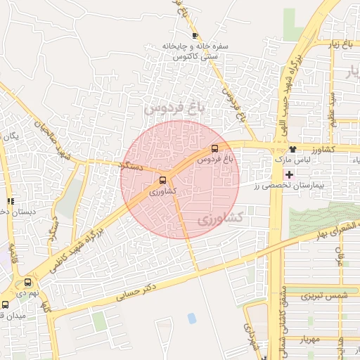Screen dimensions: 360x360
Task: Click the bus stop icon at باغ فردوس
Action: (x=214, y=148)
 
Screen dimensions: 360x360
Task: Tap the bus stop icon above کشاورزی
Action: (x=163, y=180)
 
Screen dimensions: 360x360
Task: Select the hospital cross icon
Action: (x=290, y=174)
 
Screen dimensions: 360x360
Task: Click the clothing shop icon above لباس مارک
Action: (x=292, y=149)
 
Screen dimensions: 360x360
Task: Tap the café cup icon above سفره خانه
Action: (x=195, y=36)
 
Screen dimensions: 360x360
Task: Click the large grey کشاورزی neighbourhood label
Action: (x=219, y=219)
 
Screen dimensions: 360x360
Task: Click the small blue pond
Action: (x=192, y=319)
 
